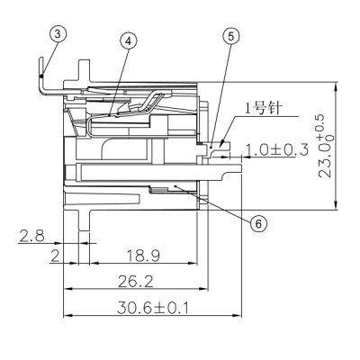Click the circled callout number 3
[57, 34]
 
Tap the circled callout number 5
[231, 36]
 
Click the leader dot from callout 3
[43, 79]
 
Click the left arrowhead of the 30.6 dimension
[65, 316]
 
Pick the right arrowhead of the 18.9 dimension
[195, 264]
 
